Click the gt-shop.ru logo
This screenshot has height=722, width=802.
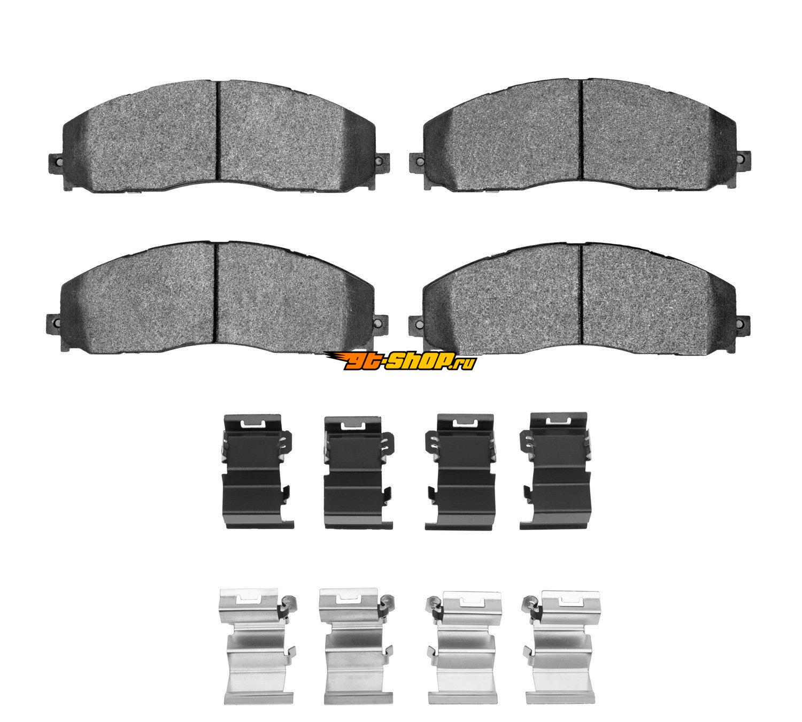[400, 360]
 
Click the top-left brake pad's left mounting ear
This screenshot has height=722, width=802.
[55, 163]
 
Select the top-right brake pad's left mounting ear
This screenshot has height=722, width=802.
[417, 161]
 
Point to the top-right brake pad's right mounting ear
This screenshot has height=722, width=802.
[743, 159]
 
